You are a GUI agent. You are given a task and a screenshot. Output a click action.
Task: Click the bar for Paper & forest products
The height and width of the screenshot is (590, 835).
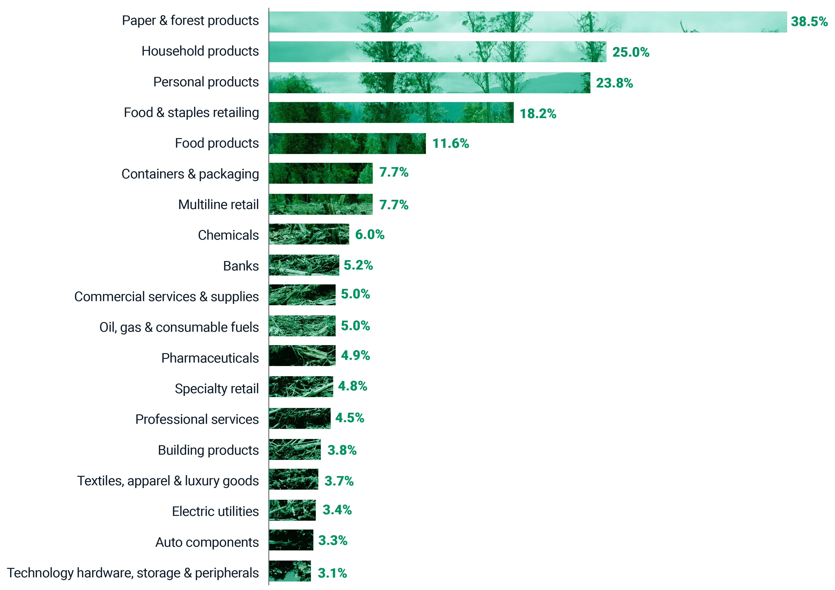click(527, 22)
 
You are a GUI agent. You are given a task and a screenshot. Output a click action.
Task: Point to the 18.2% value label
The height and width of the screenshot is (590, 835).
click(538, 113)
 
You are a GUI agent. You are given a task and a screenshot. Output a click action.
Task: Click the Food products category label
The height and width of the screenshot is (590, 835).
click(217, 143)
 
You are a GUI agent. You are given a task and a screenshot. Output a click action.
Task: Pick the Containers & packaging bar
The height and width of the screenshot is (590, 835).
click(321, 173)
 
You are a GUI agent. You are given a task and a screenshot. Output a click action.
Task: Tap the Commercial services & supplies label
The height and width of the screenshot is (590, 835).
click(167, 297)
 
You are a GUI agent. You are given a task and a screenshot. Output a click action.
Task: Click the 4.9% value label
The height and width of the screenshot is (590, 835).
click(355, 355)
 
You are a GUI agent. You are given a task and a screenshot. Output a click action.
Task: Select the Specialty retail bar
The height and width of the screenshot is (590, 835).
click(301, 387)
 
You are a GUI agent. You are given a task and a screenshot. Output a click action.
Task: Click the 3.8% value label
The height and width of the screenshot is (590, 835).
click(342, 450)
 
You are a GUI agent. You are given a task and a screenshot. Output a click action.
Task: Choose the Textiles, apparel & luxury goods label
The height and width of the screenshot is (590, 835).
click(168, 481)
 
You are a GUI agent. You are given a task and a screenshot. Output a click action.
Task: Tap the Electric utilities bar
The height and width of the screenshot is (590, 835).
click(292, 510)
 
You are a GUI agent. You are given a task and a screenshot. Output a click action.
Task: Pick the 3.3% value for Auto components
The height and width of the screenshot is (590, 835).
click(333, 541)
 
